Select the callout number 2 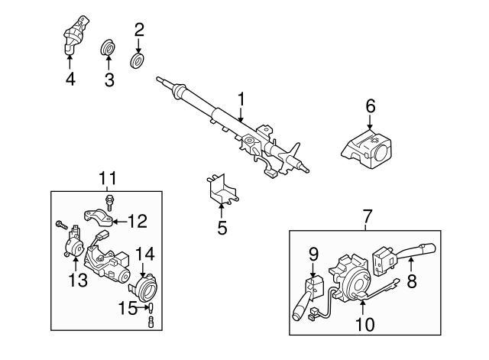139,31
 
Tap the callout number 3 108,79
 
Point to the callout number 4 70,78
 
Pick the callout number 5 222,227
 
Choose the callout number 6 371,106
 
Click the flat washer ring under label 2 139,59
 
